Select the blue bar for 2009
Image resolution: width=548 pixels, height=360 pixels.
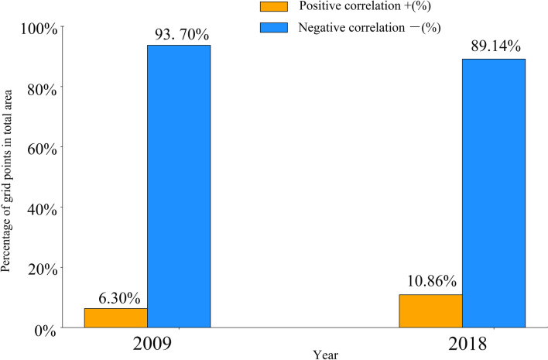[179, 186]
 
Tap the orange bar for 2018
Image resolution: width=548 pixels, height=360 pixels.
[430, 310]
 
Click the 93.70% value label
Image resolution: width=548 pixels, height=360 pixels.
[178, 34]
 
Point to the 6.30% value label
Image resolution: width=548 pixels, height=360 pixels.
[118, 297]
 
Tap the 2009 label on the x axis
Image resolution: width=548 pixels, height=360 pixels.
[147, 344]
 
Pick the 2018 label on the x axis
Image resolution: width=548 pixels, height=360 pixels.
[461, 344]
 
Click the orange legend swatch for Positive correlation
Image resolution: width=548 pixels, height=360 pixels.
[272, 7]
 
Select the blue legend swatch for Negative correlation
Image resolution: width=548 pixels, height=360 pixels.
[272, 27]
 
